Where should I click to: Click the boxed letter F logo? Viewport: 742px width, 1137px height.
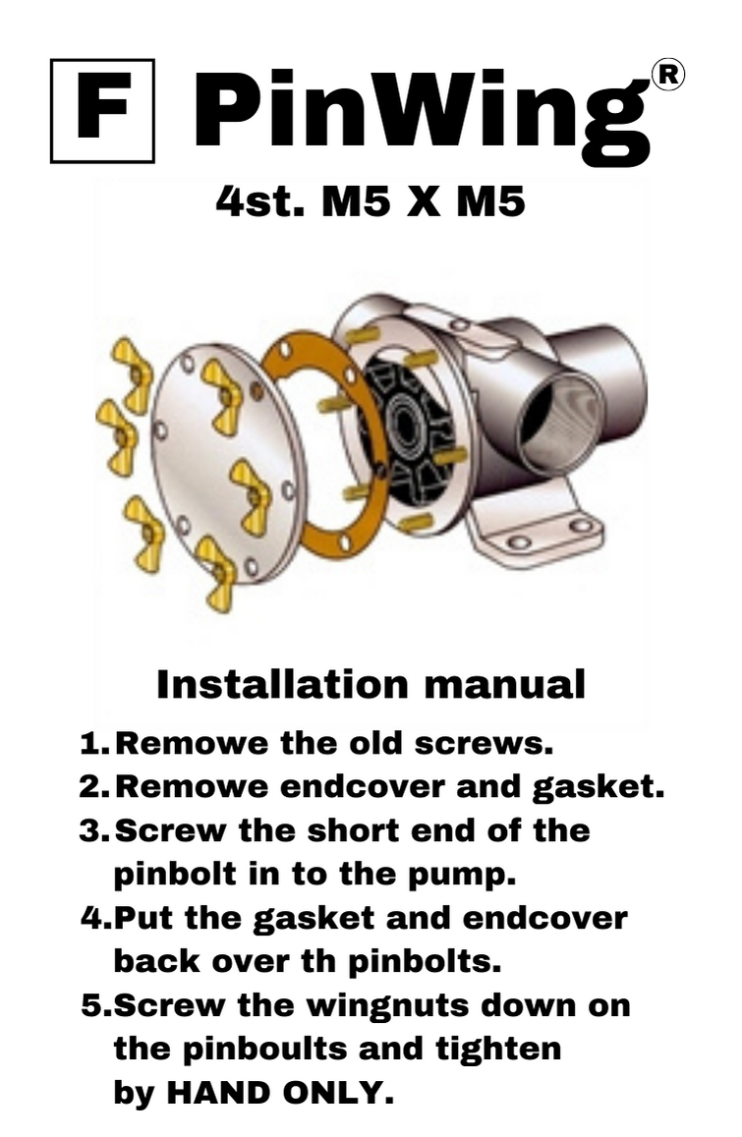point(102,111)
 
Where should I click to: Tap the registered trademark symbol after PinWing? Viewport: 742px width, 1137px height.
point(668,75)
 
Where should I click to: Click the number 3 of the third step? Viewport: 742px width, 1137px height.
point(90,831)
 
